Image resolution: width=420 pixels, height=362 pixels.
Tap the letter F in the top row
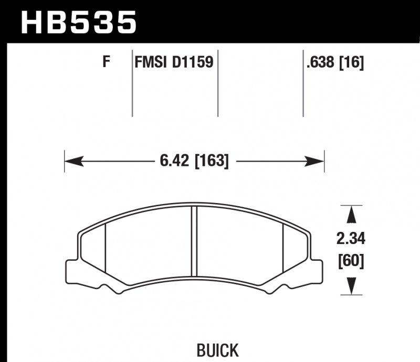106,63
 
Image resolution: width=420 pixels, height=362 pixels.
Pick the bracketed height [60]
351,260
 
